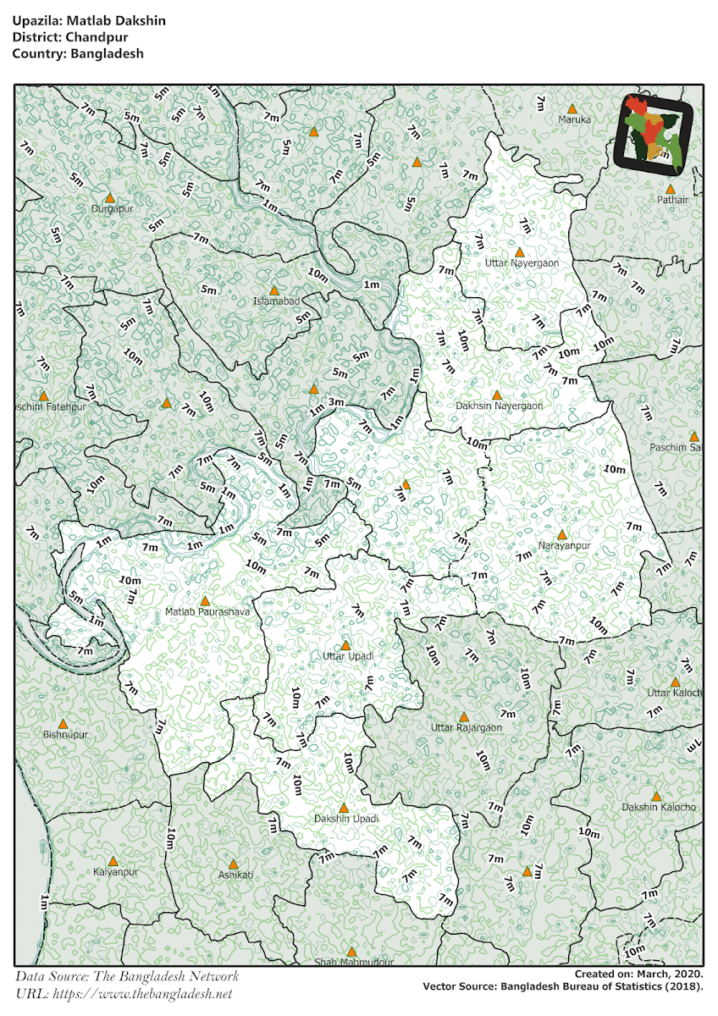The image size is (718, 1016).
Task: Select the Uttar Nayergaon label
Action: (522, 263)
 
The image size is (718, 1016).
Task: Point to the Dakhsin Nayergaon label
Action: (499, 406)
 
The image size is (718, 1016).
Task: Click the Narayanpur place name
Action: (564, 545)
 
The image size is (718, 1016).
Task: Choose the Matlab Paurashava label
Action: (207, 611)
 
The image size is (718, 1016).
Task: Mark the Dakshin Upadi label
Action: (345, 819)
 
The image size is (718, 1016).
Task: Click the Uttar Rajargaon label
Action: (466, 727)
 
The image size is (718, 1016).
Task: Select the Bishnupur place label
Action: (65, 735)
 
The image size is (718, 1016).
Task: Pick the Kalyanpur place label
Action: (115, 871)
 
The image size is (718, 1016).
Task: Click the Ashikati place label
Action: (235, 874)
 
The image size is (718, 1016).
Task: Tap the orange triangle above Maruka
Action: (572, 108)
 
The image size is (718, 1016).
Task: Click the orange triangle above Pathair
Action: (670, 189)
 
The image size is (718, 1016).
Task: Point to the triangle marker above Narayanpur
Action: (561, 534)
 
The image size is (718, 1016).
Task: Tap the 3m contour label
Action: (335, 401)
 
